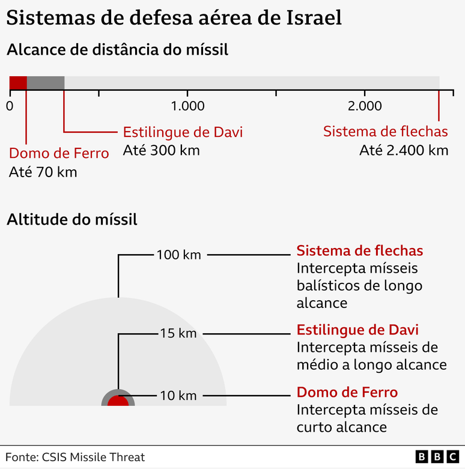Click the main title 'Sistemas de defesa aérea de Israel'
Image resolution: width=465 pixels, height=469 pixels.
point(174,18)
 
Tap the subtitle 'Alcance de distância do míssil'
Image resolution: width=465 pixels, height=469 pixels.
point(117,50)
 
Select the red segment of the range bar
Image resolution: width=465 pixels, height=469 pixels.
point(18,83)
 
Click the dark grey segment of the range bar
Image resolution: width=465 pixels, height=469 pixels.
point(46,83)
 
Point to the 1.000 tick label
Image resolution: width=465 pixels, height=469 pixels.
point(187,106)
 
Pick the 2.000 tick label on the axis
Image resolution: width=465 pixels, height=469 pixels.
point(365,106)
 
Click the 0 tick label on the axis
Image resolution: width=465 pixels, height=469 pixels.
point(10,106)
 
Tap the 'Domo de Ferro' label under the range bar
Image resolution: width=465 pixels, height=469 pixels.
point(59,153)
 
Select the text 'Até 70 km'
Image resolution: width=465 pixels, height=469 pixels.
point(43,172)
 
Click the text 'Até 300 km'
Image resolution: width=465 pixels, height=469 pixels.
point(161,150)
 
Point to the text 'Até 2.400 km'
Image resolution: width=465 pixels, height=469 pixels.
point(404,150)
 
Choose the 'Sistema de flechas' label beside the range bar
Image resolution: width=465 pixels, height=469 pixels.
point(386,132)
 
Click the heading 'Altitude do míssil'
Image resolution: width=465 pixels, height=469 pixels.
point(72,220)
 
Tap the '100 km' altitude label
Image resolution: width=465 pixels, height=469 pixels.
point(178,255)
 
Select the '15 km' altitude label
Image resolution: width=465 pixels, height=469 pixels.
point(178,333)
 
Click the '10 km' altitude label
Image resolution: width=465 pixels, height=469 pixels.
point(178,395)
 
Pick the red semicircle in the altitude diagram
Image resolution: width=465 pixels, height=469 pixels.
point(118,401)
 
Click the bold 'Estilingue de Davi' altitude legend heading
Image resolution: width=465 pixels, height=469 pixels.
point(357,330)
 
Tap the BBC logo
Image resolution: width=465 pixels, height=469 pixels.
point(437,458)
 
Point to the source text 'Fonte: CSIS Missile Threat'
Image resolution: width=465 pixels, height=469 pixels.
point(75,458)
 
